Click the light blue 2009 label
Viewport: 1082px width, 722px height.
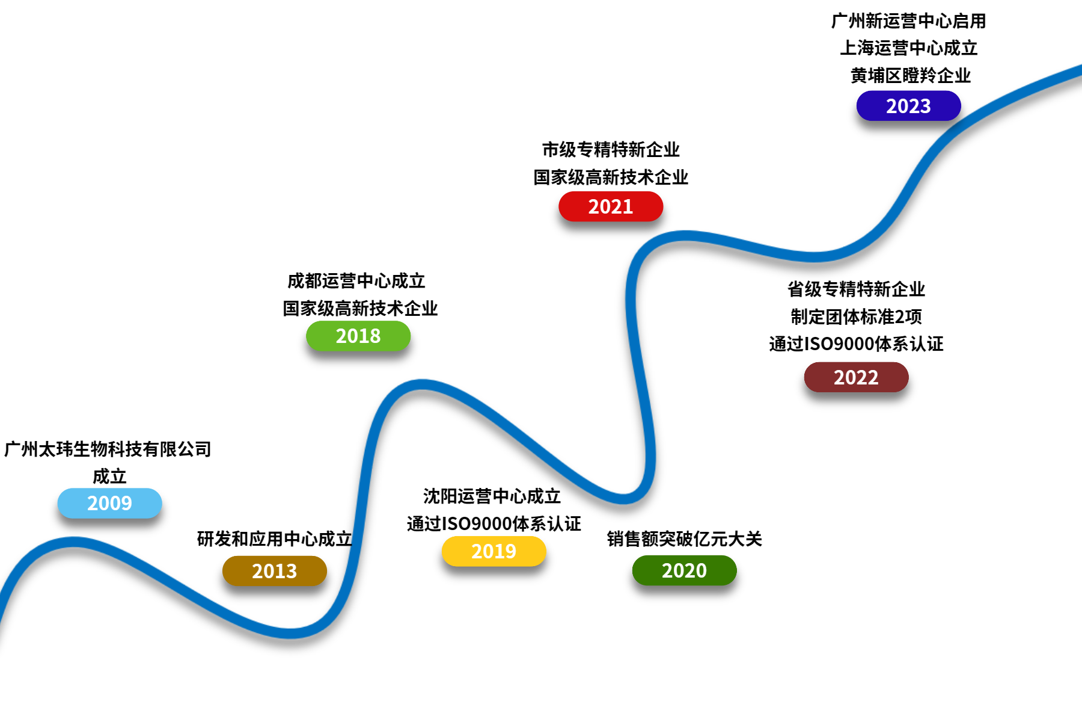(109, 503)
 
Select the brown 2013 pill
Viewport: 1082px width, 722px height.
(274, 570)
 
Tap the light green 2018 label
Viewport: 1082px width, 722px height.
(358, 336)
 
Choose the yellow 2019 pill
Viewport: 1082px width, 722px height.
(494, 551)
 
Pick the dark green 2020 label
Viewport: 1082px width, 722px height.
(684, 570)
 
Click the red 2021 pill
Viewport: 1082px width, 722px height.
(611, 206)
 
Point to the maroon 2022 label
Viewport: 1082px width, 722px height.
(856, 377)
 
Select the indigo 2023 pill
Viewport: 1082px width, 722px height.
(908, 106)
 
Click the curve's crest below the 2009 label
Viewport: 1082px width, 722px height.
(73, 541)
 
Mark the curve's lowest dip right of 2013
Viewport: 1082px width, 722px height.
(290, 633)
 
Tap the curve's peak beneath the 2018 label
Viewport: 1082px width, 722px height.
(422, 384)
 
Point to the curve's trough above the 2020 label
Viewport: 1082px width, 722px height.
(623, 498)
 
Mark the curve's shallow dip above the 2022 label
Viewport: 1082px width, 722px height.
(814, 257)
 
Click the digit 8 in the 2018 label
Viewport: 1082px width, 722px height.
(375, 336)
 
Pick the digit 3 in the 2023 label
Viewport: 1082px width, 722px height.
(925, 106)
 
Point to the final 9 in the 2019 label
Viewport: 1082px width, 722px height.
(510, 551)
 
